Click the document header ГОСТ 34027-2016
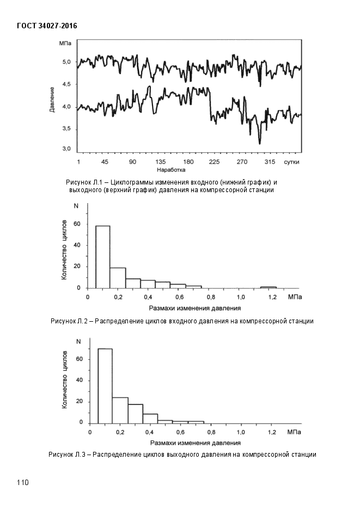[47, 26]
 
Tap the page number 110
[23, 482]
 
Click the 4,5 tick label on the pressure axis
[66, 84]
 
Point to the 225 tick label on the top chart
[214, 162]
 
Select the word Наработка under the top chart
[171, 170]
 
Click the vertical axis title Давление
[52, 99]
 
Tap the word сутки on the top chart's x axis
[291, 162]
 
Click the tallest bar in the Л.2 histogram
[102, 257]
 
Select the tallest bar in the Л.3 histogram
[105, 386]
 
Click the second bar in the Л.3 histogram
[120, 410]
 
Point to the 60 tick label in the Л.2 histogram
[77, 224]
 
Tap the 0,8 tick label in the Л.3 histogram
[211, 432]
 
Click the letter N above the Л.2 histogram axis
[76, 206]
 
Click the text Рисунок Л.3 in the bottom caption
[67, 455]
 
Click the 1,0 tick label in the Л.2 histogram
[241, 297]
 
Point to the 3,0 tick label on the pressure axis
[66, 149]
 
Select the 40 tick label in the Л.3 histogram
[79, 380]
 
